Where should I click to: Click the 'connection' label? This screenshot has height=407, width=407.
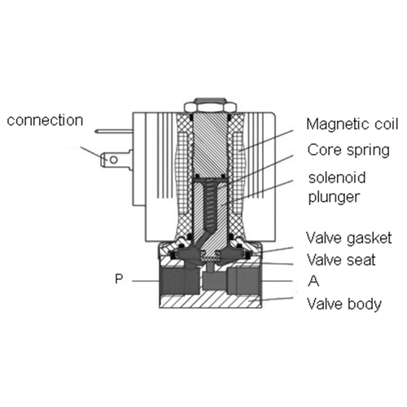click(x=45, y=120)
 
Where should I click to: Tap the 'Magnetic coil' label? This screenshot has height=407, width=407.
click(x=352, y=124)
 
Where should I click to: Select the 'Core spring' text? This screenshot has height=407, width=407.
click(x=348, y=151)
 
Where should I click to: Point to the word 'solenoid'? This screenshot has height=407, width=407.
click(x=337, y=177)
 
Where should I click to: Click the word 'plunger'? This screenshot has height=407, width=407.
click(x=334, y=197)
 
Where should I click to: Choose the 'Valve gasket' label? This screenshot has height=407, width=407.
click(x=349, y=239)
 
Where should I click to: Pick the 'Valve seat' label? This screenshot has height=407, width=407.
click(x=341, y=260)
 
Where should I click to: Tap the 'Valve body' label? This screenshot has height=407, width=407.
click(x=344, y=304)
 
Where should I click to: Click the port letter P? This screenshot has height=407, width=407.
click(x=119, y=278)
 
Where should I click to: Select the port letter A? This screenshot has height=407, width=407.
click(x=313, y=281)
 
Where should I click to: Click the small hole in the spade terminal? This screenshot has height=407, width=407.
click(x=114, y=160)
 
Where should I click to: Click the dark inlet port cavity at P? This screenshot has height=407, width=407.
click(x=179, y=281)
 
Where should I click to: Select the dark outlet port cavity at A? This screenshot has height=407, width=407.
click(x=243, y=281)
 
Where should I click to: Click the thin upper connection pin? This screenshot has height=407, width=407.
click(x=114, y=131)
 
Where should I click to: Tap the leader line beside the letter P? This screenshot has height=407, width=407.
click(x=146, y=281)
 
